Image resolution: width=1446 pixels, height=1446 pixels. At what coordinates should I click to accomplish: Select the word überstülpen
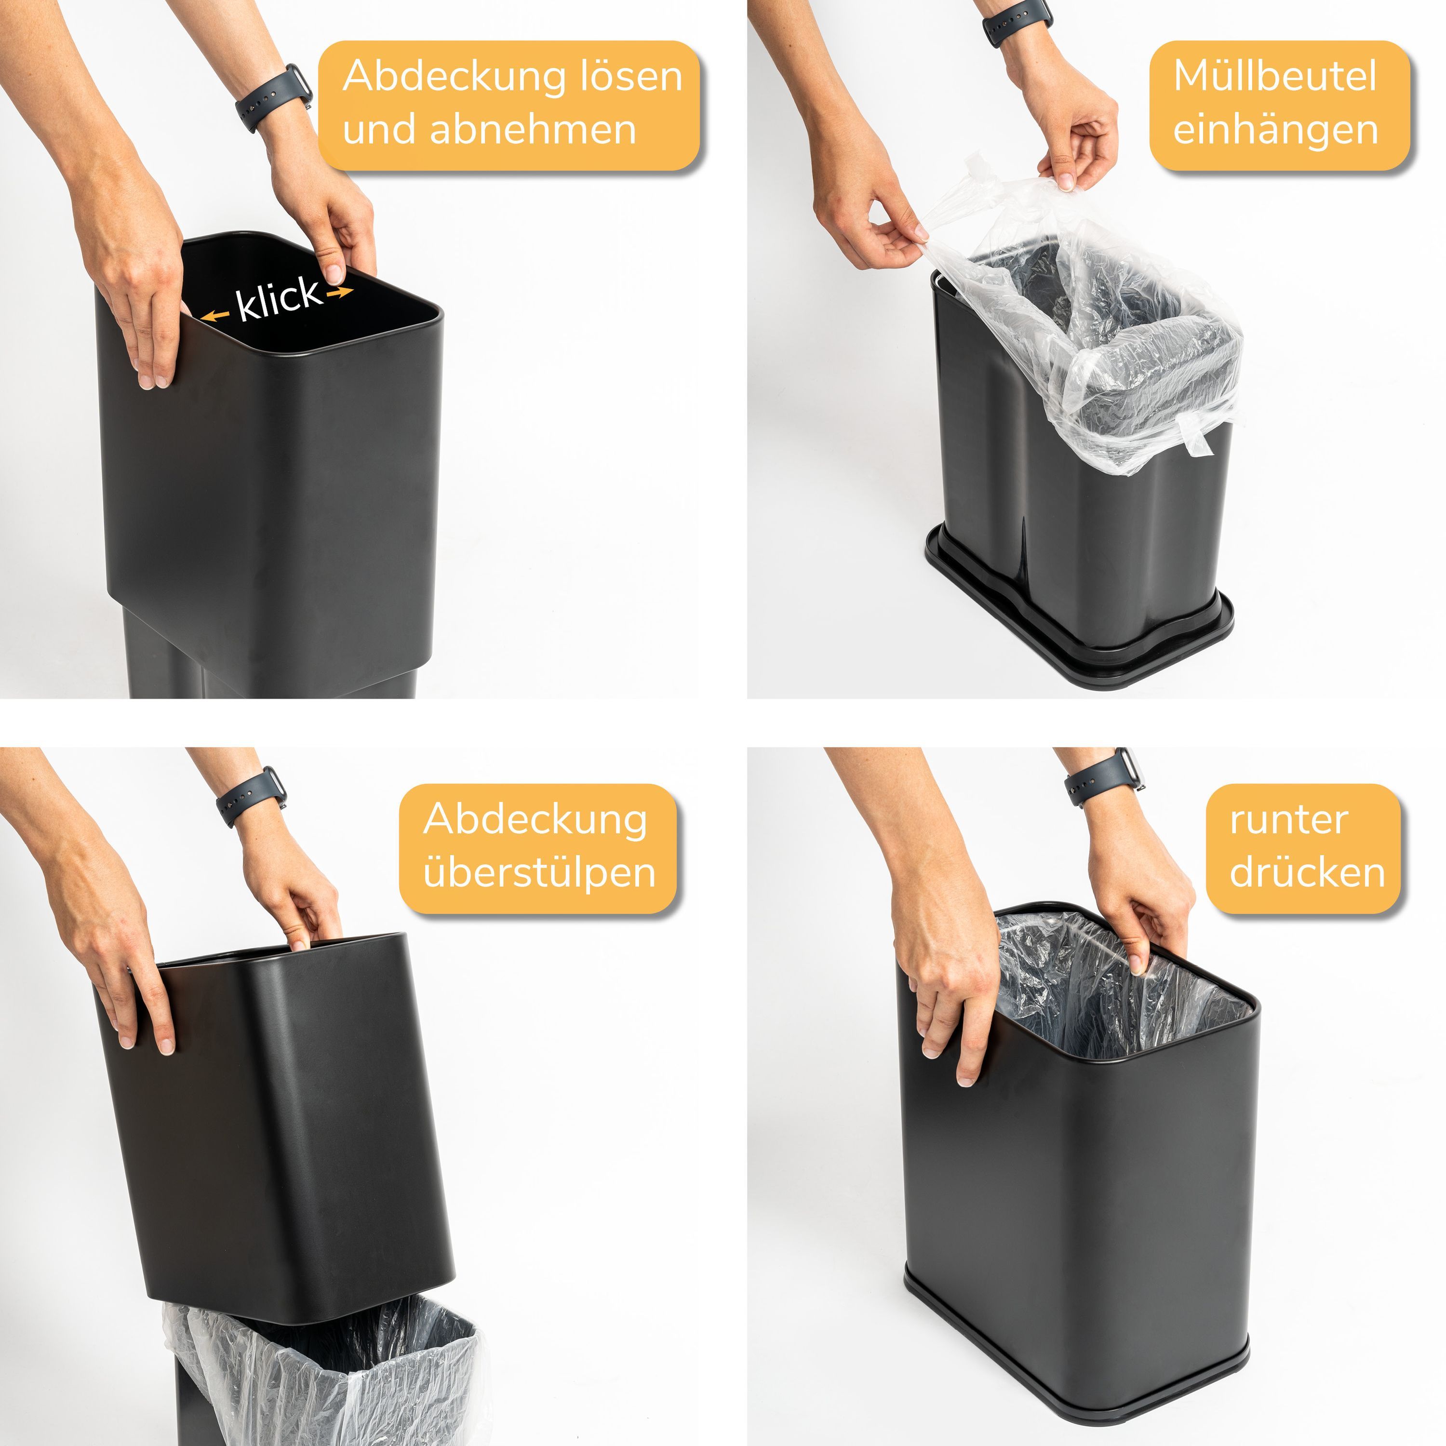click(x=539, y=873)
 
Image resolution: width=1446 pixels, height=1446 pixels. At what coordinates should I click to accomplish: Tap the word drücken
click(x=1307, y=873)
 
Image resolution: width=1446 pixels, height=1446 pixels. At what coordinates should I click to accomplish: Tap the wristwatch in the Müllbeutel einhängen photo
click(x=1017, y=20)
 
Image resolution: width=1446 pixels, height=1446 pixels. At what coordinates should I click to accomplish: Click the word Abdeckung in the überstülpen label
click(x=535, y=821)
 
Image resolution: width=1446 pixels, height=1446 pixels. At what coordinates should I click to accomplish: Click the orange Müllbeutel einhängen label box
click(x=1279, y=106)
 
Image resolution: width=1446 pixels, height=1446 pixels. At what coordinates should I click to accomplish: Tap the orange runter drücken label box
click(x=1302, y=849)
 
